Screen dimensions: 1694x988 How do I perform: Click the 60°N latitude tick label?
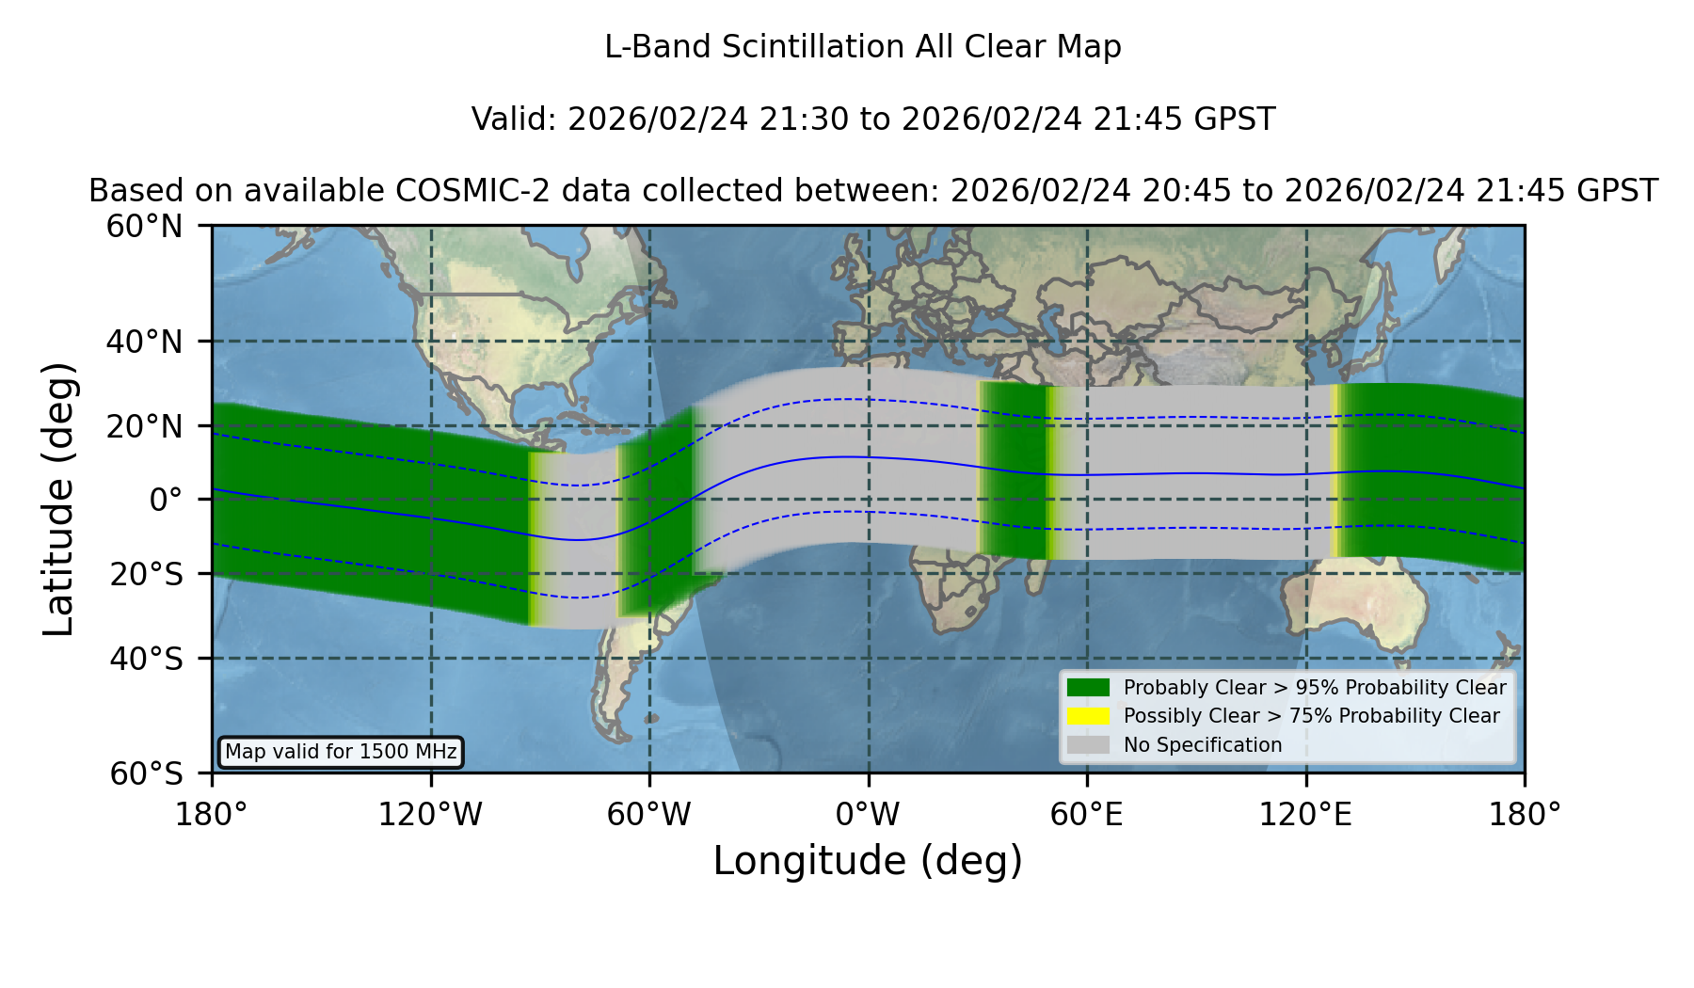click(145, 227)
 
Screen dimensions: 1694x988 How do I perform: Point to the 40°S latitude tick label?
click(146, 659)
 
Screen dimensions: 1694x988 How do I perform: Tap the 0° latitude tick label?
click(167, 500)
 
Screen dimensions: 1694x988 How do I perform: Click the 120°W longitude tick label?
click(430, 814)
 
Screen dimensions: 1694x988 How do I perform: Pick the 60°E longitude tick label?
click(1087, 814)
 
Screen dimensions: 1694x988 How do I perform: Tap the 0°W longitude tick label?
click(868, 814)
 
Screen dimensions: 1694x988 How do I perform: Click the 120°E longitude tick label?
click(1305, 814)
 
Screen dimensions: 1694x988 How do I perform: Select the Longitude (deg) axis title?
click(868, 861)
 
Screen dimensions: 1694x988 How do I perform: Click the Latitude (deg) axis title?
click(58, 499)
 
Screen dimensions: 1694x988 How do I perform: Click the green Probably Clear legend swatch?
click(1089, 688)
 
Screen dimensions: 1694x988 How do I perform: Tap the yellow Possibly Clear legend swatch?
click(1089, 716)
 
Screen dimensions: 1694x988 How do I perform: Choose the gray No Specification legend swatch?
click(1089, 745)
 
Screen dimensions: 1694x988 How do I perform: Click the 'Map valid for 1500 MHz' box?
click(341, 752)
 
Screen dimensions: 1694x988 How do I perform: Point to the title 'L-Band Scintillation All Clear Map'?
click(863, 47)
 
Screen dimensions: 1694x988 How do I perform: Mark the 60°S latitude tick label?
click(146, 773)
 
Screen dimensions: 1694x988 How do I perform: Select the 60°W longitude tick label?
click(649, 814)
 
